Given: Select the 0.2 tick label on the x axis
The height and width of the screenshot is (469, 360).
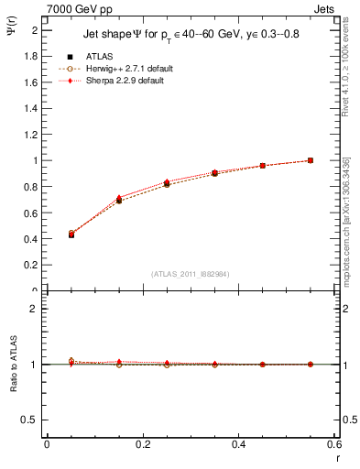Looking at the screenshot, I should click(x=142, y=443).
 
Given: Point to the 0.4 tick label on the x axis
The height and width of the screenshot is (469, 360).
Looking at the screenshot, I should click(x=238, y=443).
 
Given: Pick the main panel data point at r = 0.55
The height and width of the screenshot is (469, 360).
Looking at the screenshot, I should click(x=311, y=160).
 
